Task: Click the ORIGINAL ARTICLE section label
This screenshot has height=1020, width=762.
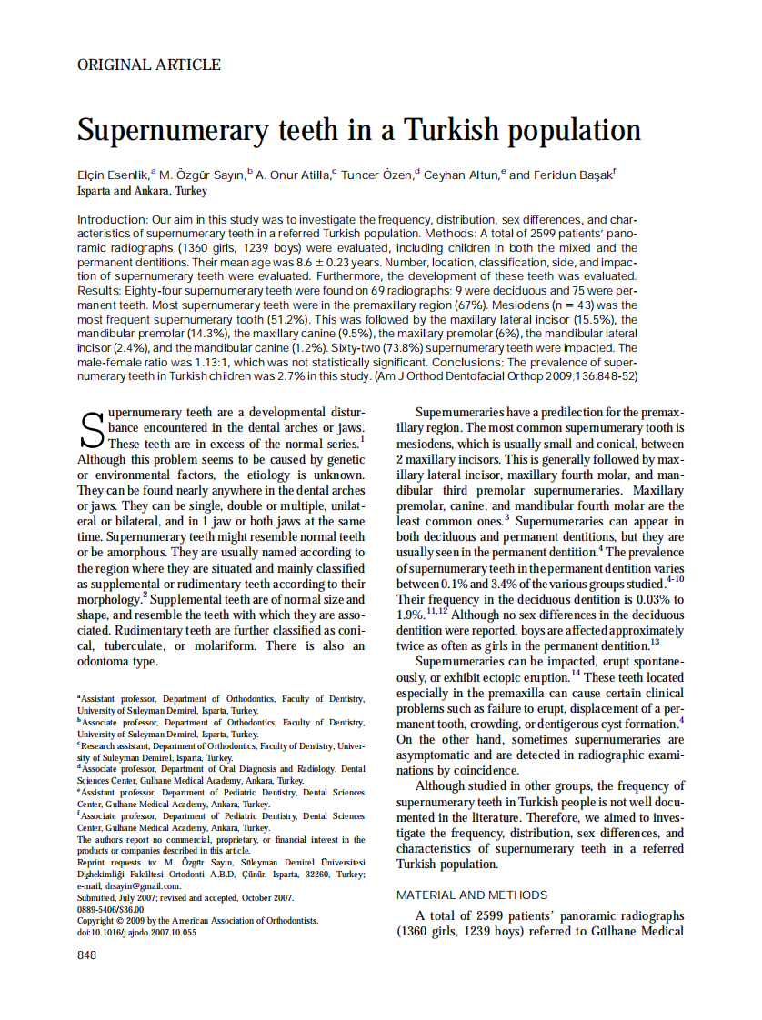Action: tap(149, 65)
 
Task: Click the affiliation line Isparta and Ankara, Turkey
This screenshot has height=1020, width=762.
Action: tap(142, 192)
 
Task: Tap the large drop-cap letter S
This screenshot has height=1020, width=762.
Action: tap(91, 430)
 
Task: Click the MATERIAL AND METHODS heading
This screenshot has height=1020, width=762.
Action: tap(472, 895)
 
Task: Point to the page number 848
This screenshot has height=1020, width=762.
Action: tap(87, 955)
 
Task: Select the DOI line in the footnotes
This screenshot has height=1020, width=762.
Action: tap(136, 933)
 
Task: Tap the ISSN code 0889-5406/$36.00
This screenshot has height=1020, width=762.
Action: tap(111, 909)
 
